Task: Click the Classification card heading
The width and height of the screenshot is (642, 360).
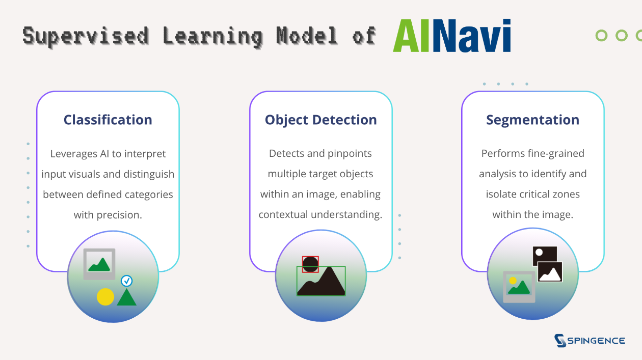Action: tap(108, 120)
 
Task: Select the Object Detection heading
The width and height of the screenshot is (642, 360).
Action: tap(320, 120)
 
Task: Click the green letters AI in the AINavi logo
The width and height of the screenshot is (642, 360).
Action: tap(411, 36)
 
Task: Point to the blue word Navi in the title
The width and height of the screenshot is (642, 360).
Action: tap(472, 36)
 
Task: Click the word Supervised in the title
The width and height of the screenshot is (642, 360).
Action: tap(86, 37)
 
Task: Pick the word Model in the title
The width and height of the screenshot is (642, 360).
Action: tap(307, 36)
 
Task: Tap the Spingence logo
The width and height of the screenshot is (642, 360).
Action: tap(590, 340)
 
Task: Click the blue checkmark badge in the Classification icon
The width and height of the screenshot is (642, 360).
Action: tap(127, 281)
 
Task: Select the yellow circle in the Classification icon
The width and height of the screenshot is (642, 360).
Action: tap(105, 297)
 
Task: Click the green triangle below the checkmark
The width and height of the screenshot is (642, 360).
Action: tap(127, 297)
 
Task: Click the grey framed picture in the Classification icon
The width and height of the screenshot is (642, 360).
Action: tap(99, 264)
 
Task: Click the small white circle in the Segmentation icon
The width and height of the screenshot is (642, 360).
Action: tap(539, 253)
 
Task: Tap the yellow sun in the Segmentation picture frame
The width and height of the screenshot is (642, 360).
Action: tap(513, 281)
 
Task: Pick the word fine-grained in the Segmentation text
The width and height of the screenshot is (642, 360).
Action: tap(556, 154)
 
